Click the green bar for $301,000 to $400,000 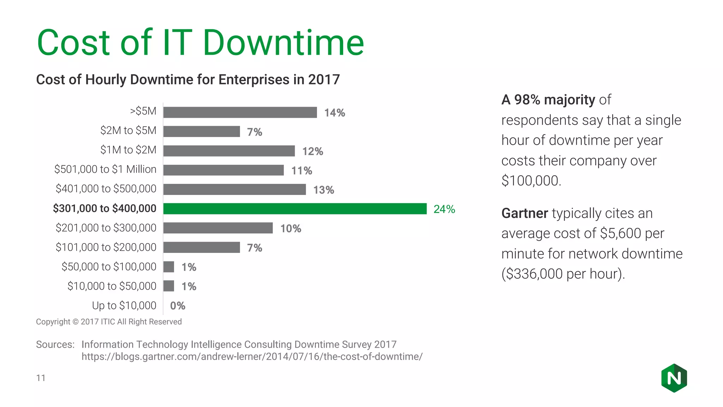[x=295, y=209]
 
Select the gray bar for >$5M [x=240, y=112]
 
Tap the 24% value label [x=444, y=209]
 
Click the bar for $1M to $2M [x=229, y=151]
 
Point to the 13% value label [x=323, y=190]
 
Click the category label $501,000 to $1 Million [x=105, y=169]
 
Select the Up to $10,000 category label [x=124, y=305]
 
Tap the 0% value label [x=178, y=306]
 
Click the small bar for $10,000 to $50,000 [x=169, y=286]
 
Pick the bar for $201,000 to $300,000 [x=218, y=228]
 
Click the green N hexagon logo [x=674, y=378]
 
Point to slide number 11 [x=41, y=378]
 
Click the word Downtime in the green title [x=283, y=43]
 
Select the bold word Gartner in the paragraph [x=525, y=213]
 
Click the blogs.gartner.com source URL [x=252, y=356]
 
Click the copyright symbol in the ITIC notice [x=76, y=322]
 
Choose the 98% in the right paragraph [x=527, y=100]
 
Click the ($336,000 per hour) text [x=563, y=274]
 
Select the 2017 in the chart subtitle [x=324, y=79]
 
